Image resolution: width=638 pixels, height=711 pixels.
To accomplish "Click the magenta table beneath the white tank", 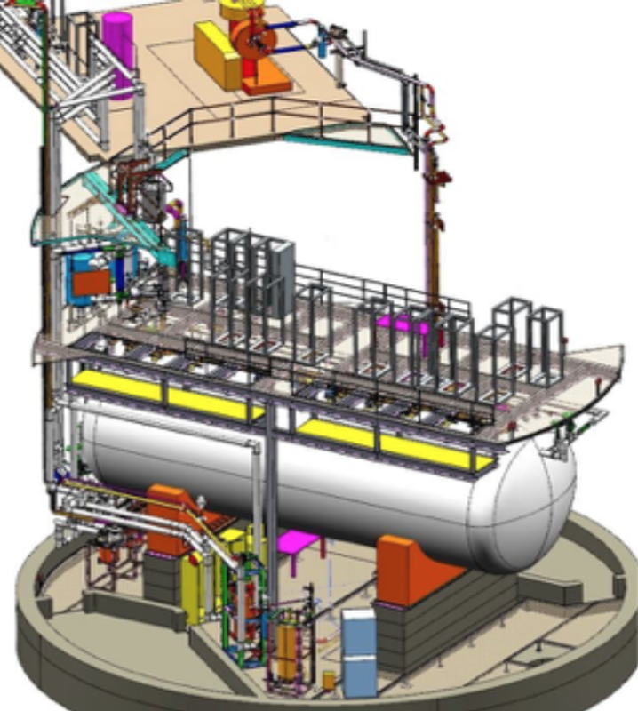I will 293,542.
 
